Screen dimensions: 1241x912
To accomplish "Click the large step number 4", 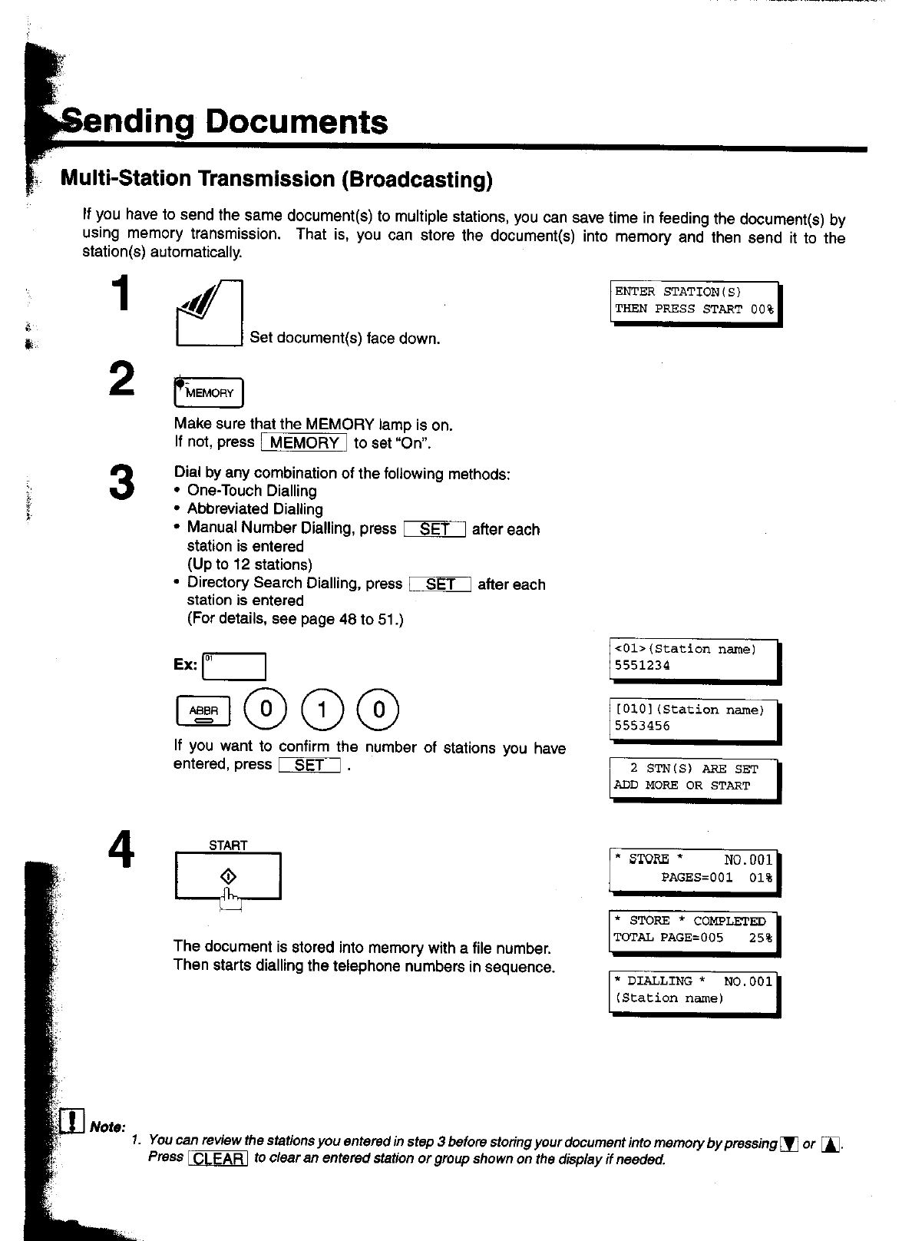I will pyautogui.click(x=121, y=851).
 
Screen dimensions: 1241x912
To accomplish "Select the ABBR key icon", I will pyautogui.click(x=203, y=711).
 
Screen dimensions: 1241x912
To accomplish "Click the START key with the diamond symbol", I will pyautogui.click(x=228, y=876).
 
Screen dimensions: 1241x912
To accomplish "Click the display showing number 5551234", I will pyautogui.click(x=693, y=659).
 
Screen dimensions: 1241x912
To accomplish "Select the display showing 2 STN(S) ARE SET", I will pyautogui.click(x=693, y=778).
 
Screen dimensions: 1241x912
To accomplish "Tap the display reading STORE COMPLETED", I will pyautogui.click(x=693, y=930).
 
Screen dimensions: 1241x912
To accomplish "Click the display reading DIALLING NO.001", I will pyautogui.click(x=693, y=991).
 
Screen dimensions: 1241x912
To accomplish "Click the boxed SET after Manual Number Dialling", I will pyautogui.click(x=435, y=529).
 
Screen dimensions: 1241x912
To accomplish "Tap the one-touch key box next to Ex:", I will pyautogui.click(x=234, y=666).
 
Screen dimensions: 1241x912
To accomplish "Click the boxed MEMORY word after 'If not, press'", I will pyautogui.click(x=304, y=443).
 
